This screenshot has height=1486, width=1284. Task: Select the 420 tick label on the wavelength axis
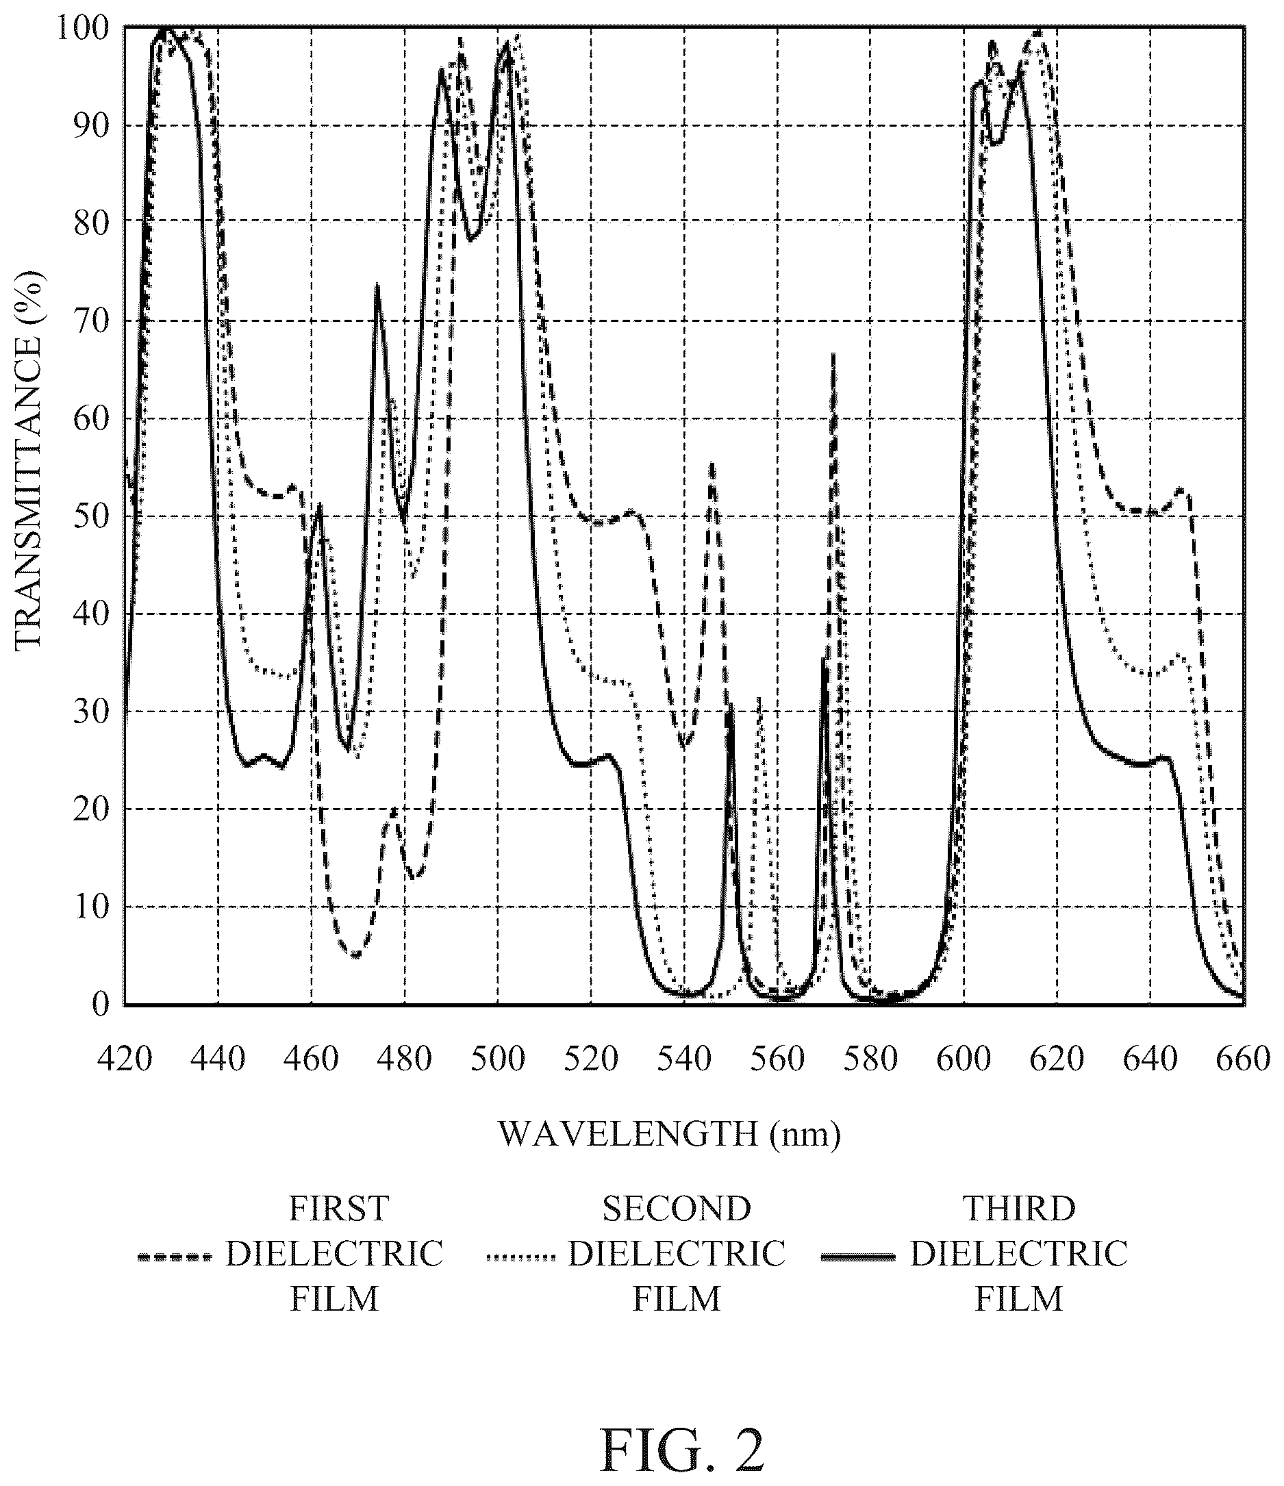coord(125,1059)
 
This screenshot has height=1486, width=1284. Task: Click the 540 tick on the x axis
coord(684,1059)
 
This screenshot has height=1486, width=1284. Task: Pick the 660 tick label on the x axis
coord(1244,1059)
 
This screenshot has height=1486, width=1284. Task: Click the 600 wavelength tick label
coord(964,1059)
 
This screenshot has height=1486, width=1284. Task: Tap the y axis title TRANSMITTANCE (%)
coord(29,460)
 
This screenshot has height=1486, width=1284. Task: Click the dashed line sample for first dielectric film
coord(175,1257)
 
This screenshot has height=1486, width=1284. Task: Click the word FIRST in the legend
coord(338,1209)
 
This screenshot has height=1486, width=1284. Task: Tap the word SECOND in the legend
coord(677,1209)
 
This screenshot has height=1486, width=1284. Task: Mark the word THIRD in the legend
coord(1018,1209)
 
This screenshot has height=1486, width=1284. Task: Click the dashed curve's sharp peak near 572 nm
coord(833,353)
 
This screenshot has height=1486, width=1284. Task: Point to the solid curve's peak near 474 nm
coord(377,286)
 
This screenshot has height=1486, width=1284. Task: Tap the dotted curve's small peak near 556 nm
coord(759,697)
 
